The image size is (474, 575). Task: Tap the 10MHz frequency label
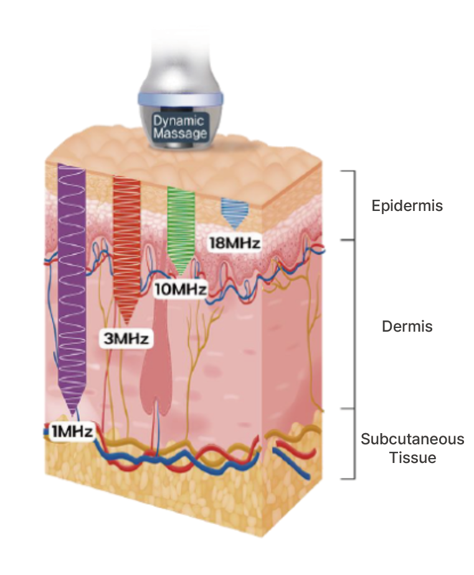coord(179,289)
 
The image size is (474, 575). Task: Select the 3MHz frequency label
coord(127,339)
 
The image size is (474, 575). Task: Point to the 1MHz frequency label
coord(71,431)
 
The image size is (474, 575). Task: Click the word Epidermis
coord(407,205)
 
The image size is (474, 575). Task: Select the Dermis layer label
coord(407,326)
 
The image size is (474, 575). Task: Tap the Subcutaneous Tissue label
coord(412,448)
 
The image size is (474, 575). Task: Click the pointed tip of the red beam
coord(127,324)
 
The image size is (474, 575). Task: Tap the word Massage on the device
coord(180,133)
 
